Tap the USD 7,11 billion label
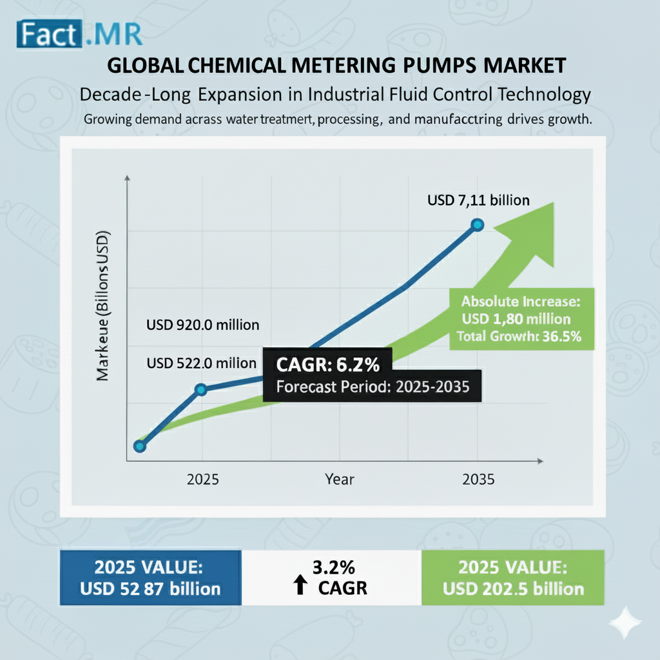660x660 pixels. [x=478, y=200]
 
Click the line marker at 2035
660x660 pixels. [x=477, y=224]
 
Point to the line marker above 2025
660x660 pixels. [x=201, y=389]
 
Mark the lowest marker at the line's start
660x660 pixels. [x=140, y=446]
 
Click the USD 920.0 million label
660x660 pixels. [x=203, y=324]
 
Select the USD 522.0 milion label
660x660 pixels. [x=202, y=363]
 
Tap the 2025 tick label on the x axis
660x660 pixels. [x=203, y=480]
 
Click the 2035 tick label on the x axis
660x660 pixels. [x=478, y=480]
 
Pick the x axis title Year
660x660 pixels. [x=339, y=480]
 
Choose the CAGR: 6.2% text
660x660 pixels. [x=327, y=366]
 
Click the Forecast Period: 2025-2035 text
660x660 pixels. [x=372, y=387]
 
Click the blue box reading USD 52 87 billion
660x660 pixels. [x=151, y=577]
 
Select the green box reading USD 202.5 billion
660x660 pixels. [x=512, y=577]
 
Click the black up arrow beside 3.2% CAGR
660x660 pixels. [x=300, y=586]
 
